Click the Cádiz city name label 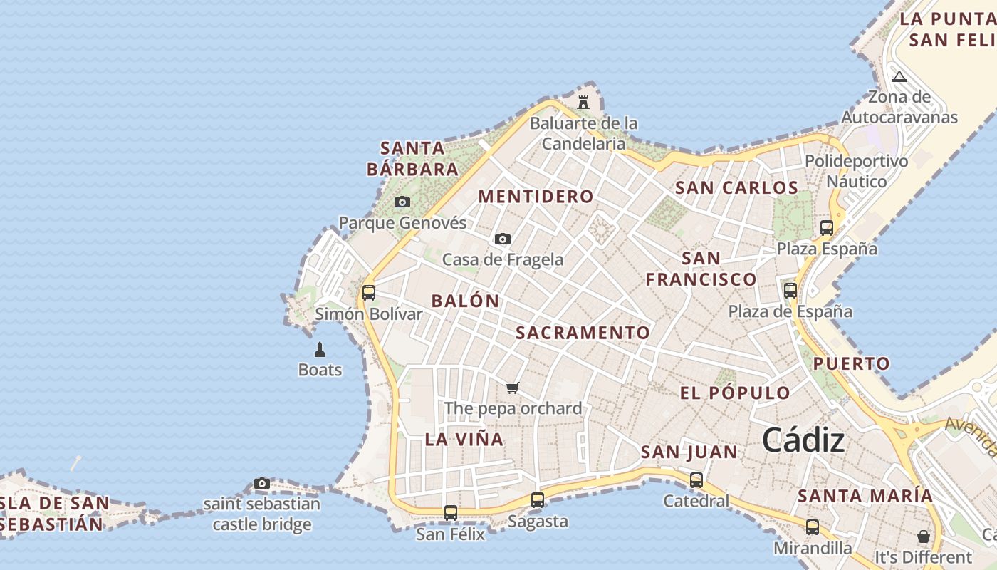click(x=803, y=441)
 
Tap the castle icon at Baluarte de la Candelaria click(x=583, y=102)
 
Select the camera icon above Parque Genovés click(x=402, y=202)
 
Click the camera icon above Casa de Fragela click(x=503, y=239)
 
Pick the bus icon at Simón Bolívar click(x=369, y=292)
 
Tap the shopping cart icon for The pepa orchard click(x=512, y=388)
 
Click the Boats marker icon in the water click(x=320, y=349)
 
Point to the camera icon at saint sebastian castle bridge click(x=262, y=484)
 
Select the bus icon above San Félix click(x=451, y=512)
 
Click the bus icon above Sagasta click(x=538, y=500)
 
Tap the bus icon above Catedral click(x=696, y=480)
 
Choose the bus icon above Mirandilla click(x=813, y=527)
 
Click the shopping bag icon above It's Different click(x=924, y=536)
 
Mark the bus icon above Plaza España click(x=827, y=228)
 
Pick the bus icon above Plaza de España click(x=790, y=290)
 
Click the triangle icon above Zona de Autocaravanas click(x=899, y=76)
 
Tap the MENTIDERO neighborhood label click(x=536, y=197)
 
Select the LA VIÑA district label click(x=464, y=439)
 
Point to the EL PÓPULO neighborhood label click(x=735, y=393)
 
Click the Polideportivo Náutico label click(x=857, y=171)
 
